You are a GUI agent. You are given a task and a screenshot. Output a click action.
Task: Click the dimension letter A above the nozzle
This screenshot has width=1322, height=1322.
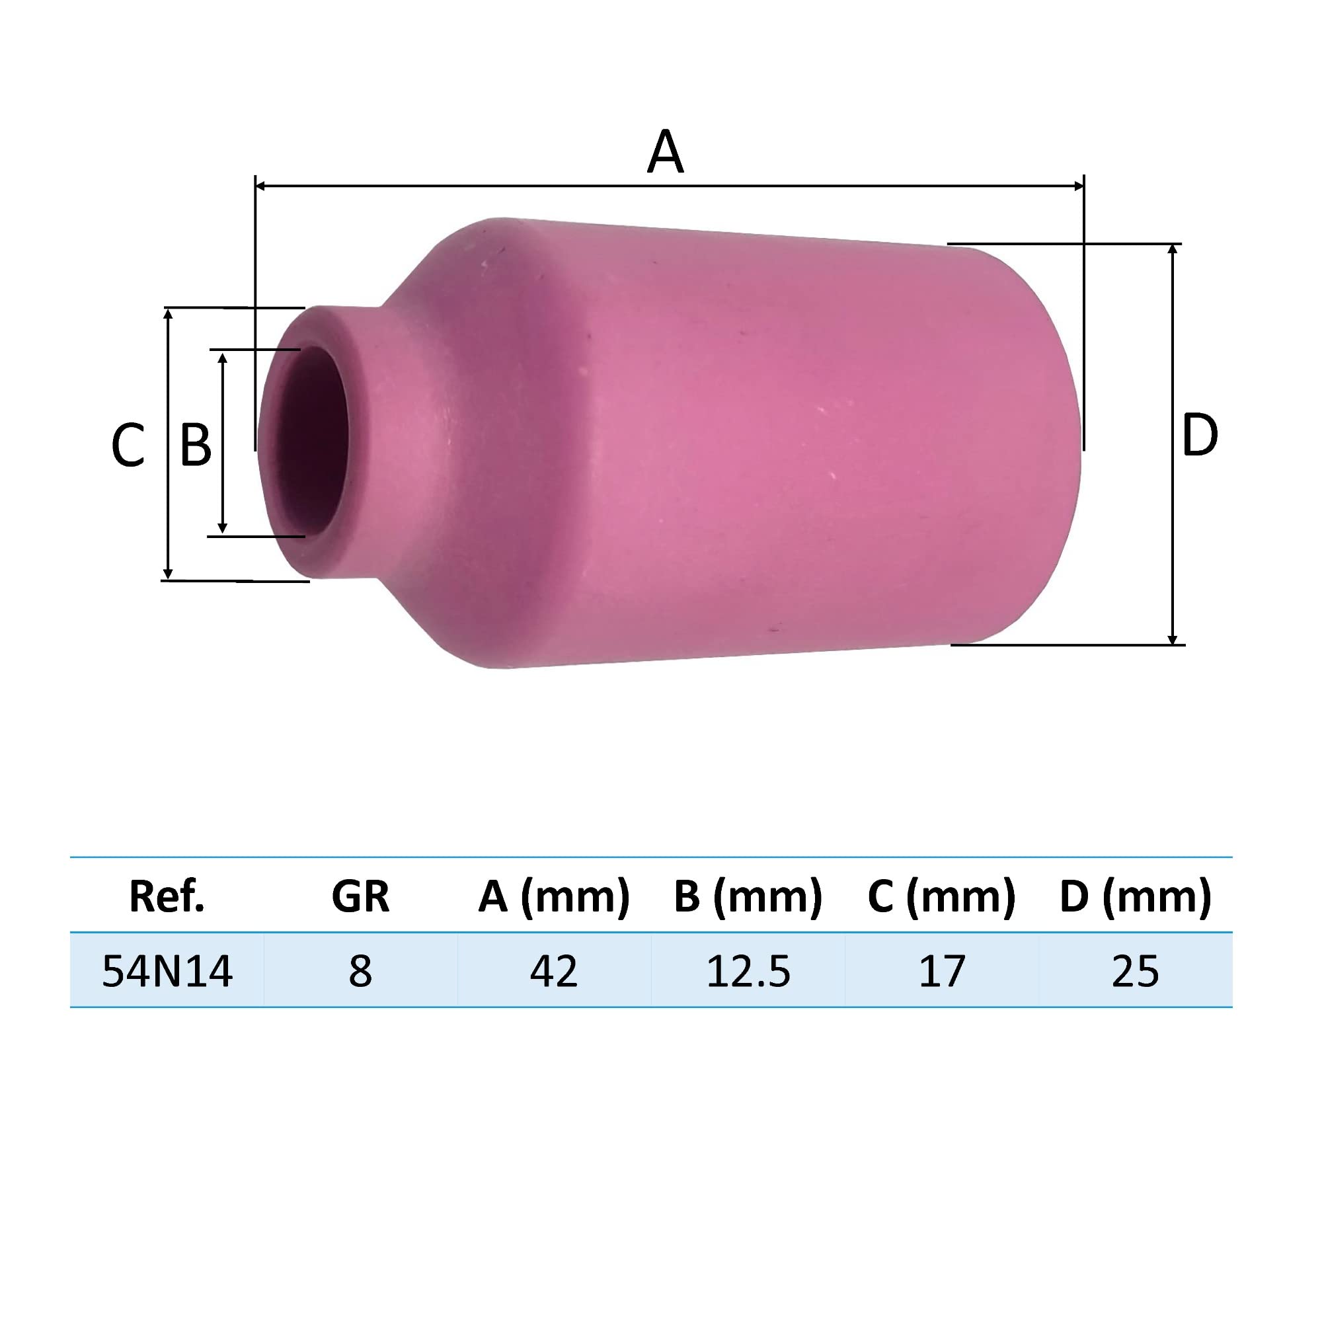[664, 152]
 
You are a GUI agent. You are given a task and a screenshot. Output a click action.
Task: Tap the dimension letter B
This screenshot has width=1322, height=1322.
[195, 446]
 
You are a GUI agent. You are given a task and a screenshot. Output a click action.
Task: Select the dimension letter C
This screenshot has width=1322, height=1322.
[128, 446]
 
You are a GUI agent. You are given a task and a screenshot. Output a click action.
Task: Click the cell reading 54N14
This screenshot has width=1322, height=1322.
[167, 971]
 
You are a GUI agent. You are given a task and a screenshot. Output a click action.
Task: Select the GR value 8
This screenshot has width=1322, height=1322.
[360, 971]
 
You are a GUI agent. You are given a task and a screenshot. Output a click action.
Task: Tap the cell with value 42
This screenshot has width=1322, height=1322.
[553, 971]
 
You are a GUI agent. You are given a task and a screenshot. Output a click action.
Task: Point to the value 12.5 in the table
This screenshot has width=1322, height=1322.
[747, 971]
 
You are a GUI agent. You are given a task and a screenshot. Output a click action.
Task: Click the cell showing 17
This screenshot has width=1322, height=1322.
[941, 971]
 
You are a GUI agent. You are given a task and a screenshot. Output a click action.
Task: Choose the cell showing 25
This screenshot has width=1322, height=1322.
[1135, 971]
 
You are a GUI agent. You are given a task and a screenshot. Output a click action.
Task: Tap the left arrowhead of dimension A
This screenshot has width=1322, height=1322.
[260, 186]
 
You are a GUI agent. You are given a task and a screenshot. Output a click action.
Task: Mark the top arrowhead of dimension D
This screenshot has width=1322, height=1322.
[1172, 250]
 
